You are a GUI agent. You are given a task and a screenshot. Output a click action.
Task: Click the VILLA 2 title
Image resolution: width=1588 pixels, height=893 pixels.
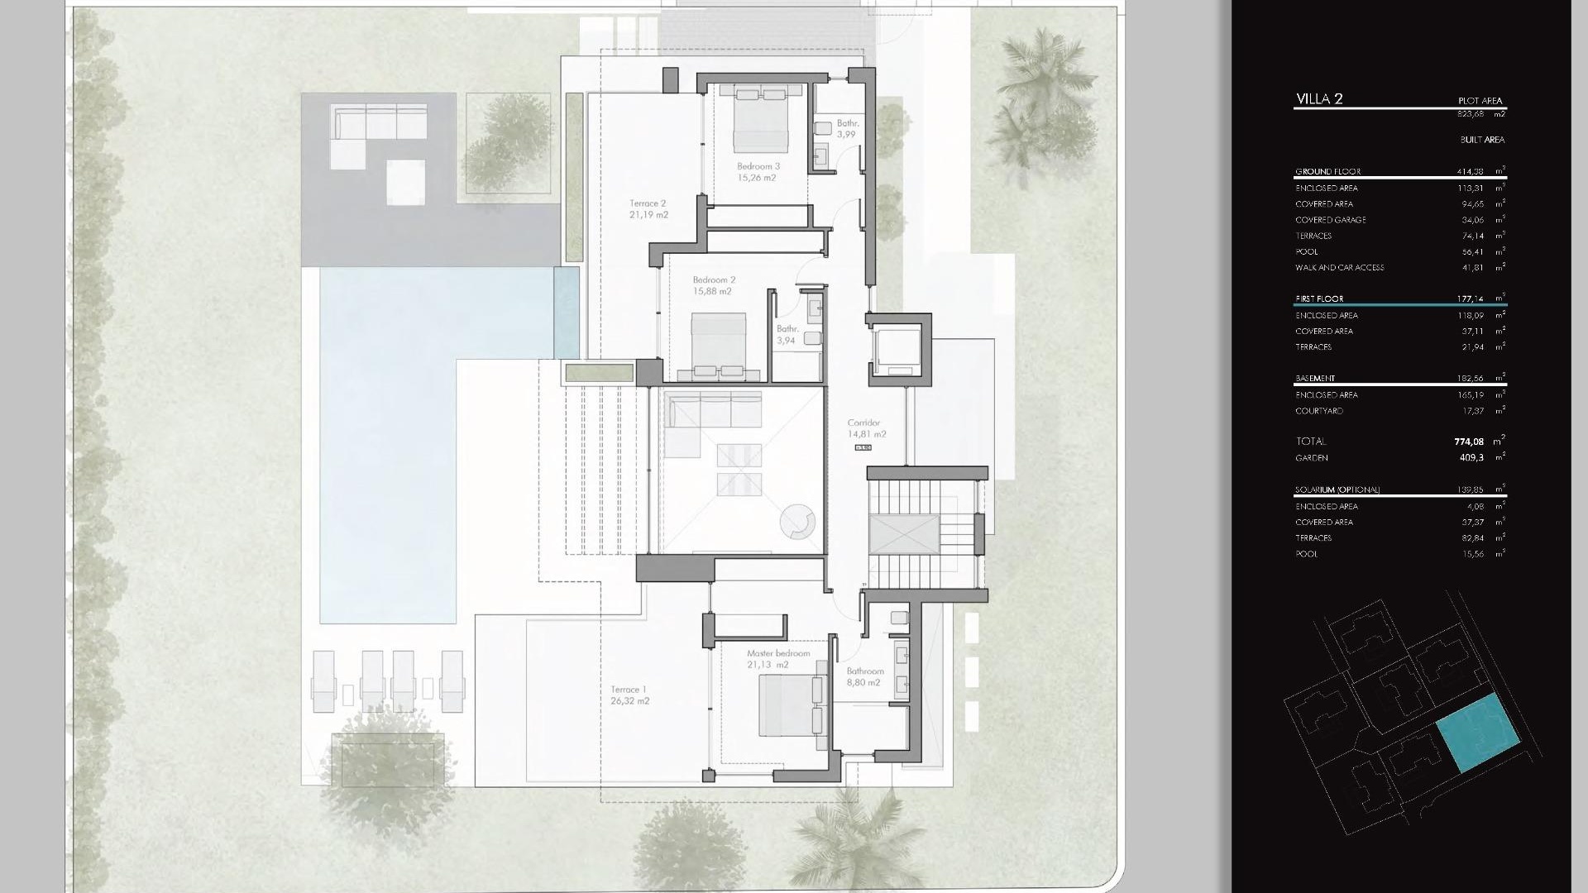pos(1319,99)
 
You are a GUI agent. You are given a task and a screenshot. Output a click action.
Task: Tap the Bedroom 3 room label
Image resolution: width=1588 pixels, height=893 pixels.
pos(758,172)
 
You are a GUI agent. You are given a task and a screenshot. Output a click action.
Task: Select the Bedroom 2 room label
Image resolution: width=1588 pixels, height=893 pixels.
pos(713,285)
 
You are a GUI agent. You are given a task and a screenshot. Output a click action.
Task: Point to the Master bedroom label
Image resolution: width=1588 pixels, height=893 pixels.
pos(777,658)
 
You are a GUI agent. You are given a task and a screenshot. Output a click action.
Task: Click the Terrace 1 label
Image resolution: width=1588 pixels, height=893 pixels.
pos(629,695)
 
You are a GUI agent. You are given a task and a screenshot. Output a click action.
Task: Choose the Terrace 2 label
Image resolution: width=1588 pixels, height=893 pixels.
pos(648,208)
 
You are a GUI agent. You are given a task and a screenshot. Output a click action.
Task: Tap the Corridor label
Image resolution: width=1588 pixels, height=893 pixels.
pos(865,428)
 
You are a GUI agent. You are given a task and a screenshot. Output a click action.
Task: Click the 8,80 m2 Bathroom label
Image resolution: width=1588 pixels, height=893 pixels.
pos(864,676)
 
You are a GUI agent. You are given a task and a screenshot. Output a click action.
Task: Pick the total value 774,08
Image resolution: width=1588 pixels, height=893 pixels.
pos(1469,442)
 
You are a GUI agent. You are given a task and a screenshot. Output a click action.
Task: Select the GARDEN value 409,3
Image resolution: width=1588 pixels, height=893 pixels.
pos(1471,457)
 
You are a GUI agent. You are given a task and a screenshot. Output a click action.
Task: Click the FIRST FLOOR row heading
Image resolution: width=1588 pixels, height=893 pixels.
pos(1319,298)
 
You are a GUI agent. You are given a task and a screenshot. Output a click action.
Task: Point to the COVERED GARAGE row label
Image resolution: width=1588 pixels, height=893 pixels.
pos(1330,220)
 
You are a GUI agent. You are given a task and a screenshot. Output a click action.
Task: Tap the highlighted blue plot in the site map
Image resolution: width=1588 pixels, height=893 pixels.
pos(1477,733)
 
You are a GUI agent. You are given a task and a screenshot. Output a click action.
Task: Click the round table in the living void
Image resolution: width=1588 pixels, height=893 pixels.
pos(798,522)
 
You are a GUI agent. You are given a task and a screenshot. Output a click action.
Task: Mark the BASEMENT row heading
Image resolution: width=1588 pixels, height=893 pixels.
pos(1315,378)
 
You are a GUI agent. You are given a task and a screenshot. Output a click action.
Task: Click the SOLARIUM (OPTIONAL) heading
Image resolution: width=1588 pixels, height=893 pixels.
pos(1337,489)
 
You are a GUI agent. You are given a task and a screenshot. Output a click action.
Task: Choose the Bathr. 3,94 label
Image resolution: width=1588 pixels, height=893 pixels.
pos(787,335)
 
